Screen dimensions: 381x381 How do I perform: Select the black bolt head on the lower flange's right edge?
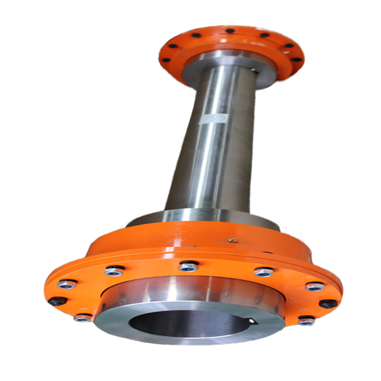click(328, 303)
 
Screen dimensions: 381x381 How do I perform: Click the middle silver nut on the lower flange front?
click(189, 267)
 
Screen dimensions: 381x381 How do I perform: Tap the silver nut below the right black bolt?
click(306, 321)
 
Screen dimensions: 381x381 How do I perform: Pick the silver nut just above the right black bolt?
click(315, 287)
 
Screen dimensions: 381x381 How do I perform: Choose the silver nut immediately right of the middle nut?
click(263, 272)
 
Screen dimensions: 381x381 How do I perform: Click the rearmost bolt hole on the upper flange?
click(230, 31)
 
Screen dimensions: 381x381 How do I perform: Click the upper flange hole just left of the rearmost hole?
click(195, 35)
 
